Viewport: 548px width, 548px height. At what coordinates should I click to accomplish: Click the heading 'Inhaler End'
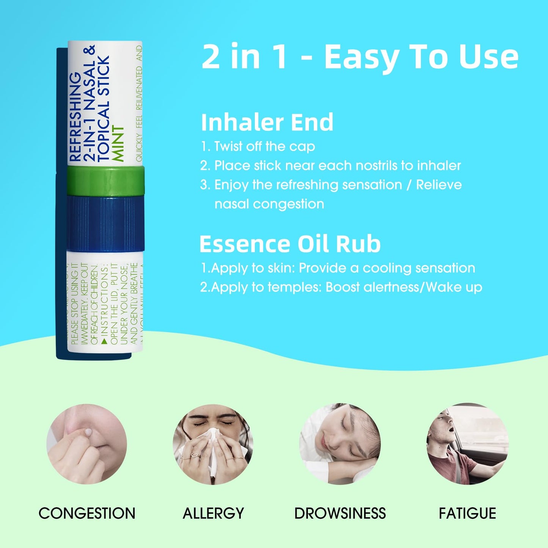click(267, 122)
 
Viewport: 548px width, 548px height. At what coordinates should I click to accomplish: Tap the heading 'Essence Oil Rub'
click(290, 244)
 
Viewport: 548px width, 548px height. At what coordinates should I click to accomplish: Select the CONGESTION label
click(87, 513)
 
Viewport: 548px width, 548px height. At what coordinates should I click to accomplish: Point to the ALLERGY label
click(213, 513)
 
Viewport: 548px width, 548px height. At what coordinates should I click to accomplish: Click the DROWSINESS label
click(340, 513)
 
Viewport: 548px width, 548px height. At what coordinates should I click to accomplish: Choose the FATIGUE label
click(467, 513)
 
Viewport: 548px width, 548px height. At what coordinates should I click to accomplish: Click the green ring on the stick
click(105, 181)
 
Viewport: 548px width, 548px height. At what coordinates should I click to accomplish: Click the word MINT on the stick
click(119, 144)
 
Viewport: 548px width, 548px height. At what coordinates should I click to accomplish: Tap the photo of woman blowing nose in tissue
click(213, 444)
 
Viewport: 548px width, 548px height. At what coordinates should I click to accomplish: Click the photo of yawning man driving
click(467, 444)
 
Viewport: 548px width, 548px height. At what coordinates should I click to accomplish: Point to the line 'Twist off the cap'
click(264, 146)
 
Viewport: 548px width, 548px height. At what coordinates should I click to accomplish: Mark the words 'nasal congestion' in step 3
click(269, 204)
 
